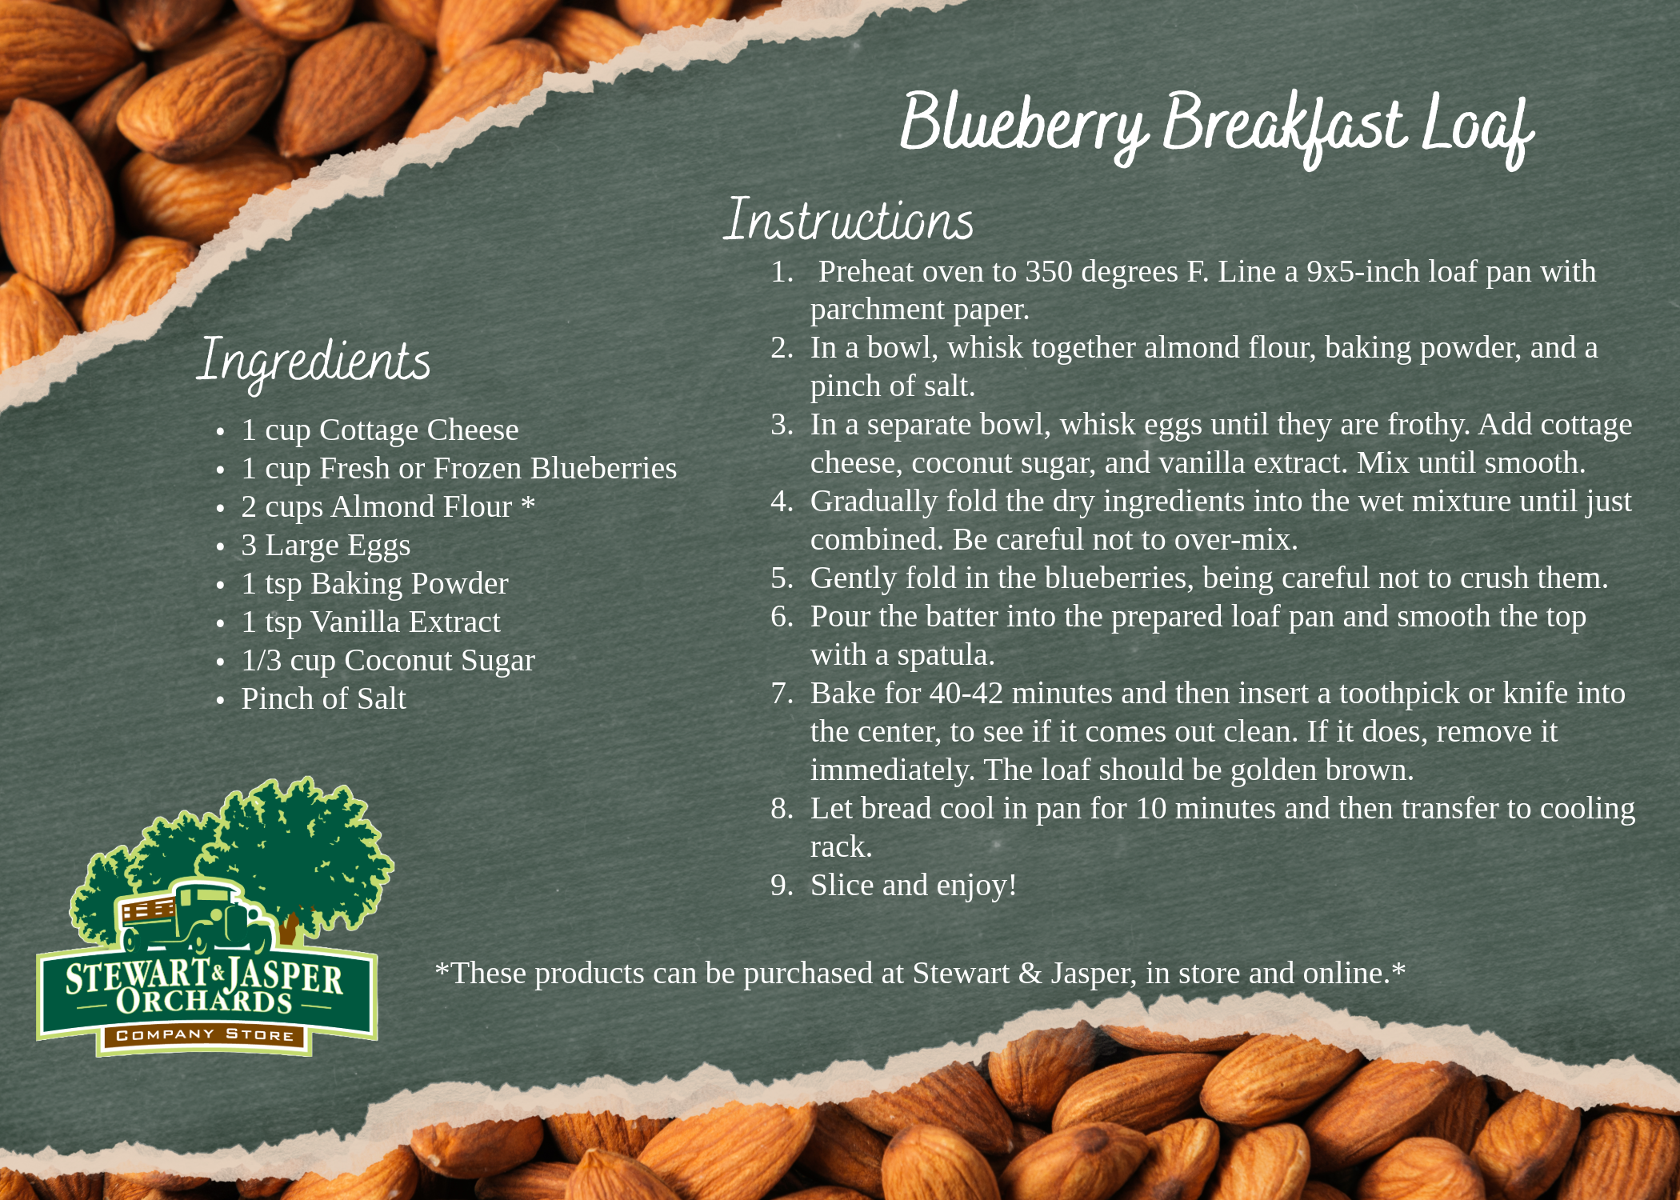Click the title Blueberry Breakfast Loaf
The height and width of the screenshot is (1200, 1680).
tap(1216, 128)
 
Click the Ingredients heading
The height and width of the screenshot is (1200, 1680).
tap(314, 362)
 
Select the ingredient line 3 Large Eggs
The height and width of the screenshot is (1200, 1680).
tap(326, 545)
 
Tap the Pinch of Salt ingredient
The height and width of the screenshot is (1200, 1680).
tap(324, 698)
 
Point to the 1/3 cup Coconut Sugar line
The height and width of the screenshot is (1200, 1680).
tap(388, 661)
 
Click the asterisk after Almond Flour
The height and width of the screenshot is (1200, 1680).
tap(528, 502)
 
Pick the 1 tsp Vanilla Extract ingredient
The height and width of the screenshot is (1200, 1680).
tap(370, 622)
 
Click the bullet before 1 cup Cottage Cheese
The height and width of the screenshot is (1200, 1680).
tap(221, 432)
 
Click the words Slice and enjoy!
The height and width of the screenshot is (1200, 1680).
tap(914, 886)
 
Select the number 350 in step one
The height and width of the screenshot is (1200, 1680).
tap(1049, 272)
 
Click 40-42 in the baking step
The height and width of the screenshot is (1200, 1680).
tap(966, 693)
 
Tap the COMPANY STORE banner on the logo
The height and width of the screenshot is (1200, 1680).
tap(205, 1035)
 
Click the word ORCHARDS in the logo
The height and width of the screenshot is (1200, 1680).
tap(205, 1001)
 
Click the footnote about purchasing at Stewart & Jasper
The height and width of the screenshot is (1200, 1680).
tap(920, 974)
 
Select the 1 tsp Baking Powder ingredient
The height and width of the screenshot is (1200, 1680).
tap(374, 583)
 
